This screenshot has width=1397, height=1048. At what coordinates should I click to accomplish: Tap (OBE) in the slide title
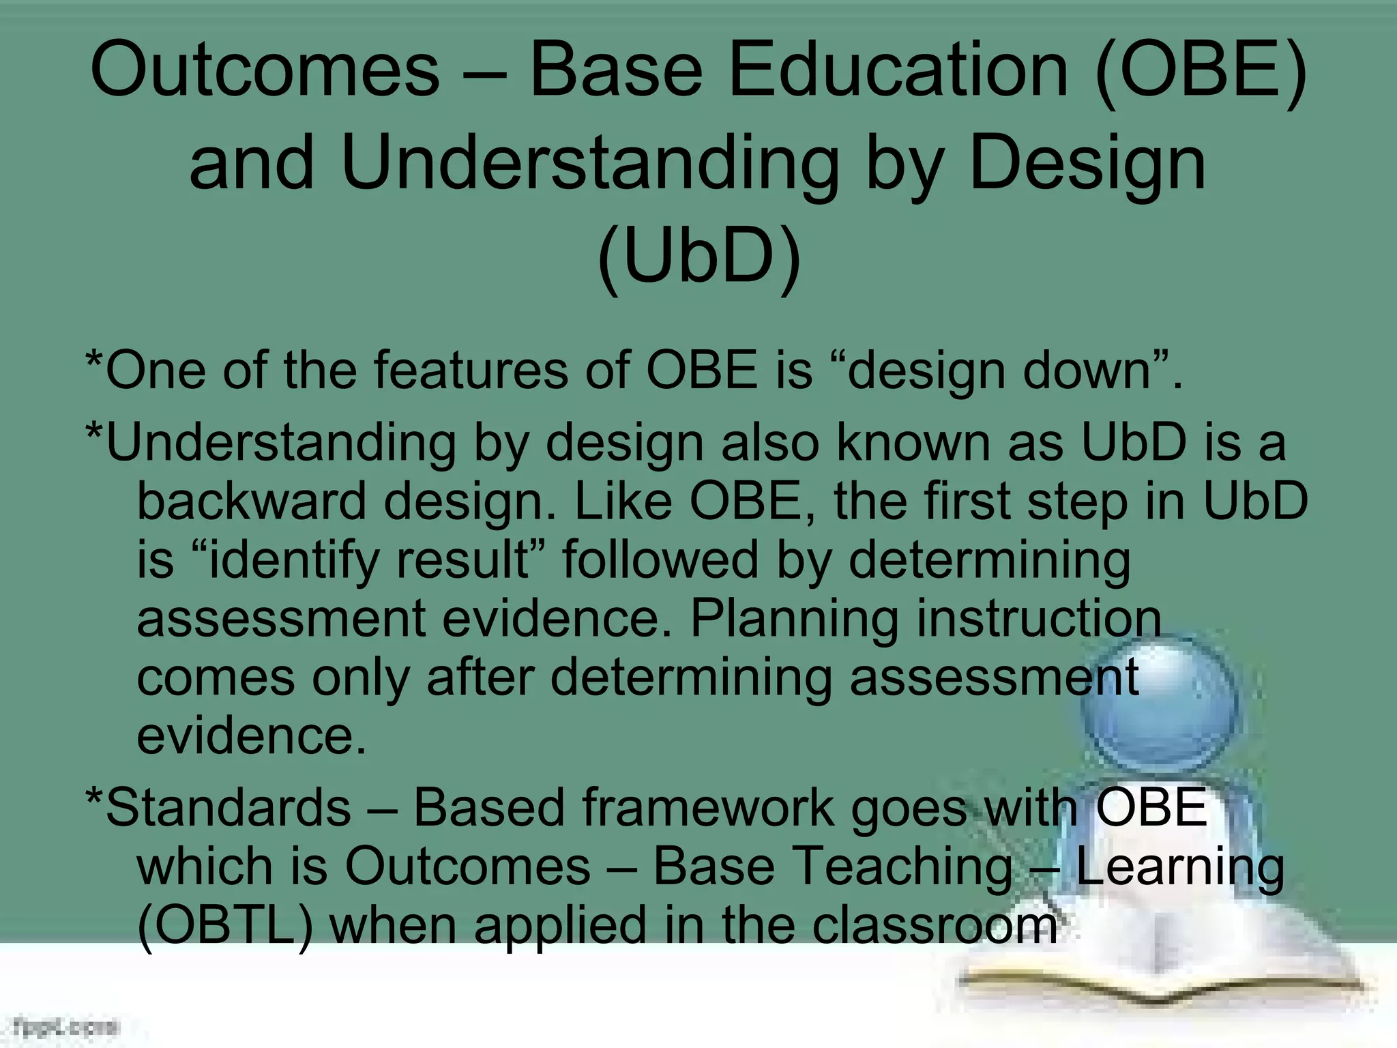1201,70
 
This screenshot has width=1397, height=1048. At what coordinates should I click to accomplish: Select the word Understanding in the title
590,164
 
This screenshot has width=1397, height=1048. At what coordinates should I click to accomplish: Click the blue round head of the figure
1160,703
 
